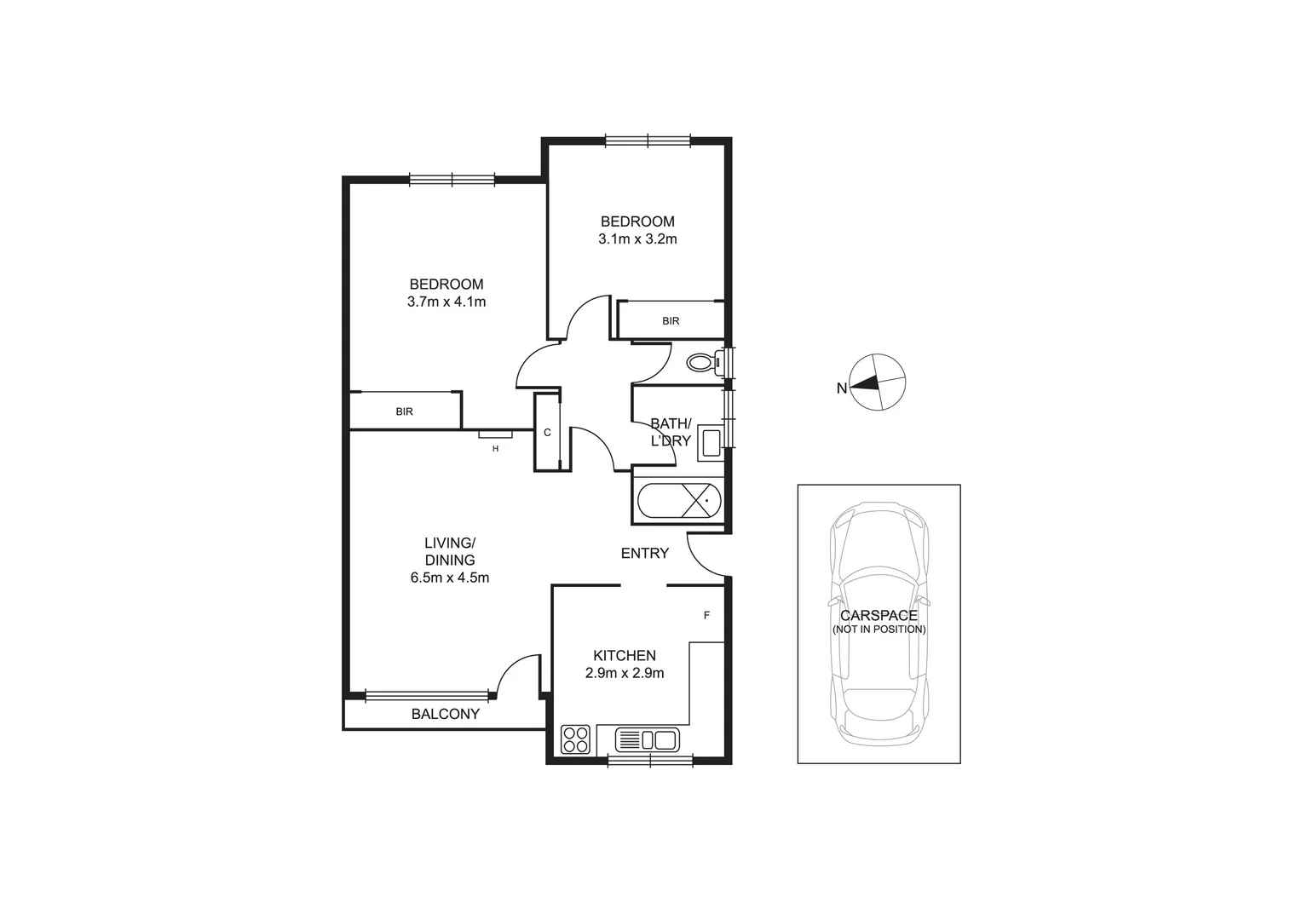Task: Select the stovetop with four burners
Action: (576, 739)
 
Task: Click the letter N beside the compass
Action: (841, 388)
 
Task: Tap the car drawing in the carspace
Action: (879, 622)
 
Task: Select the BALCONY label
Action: (445, 714)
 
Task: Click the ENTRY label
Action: (644, 554)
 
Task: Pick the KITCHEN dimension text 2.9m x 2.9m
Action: (624, 673)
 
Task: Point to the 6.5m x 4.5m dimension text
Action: (449, 578)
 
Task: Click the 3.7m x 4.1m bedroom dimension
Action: (446, 302)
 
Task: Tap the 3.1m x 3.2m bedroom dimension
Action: (637, 239)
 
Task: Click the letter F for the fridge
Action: (706, 615)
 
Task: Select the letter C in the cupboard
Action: (547, 433)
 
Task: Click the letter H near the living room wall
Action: (495, 448)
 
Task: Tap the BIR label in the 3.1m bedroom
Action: (671, 321)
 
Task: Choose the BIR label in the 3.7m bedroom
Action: (404, 411)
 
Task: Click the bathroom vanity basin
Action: (710, 441)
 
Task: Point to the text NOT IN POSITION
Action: (879, 630)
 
